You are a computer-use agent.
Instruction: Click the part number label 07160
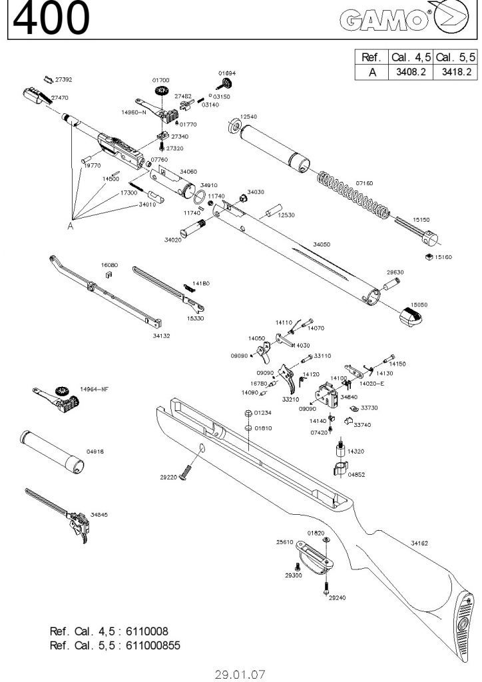point(364,182)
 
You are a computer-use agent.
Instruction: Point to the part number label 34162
point(419,543)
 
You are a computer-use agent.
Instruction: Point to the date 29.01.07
point(241,673)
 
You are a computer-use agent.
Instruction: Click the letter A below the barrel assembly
point(70,226)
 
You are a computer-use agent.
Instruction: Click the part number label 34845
point(99,514)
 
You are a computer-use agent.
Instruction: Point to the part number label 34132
point(161,336)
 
